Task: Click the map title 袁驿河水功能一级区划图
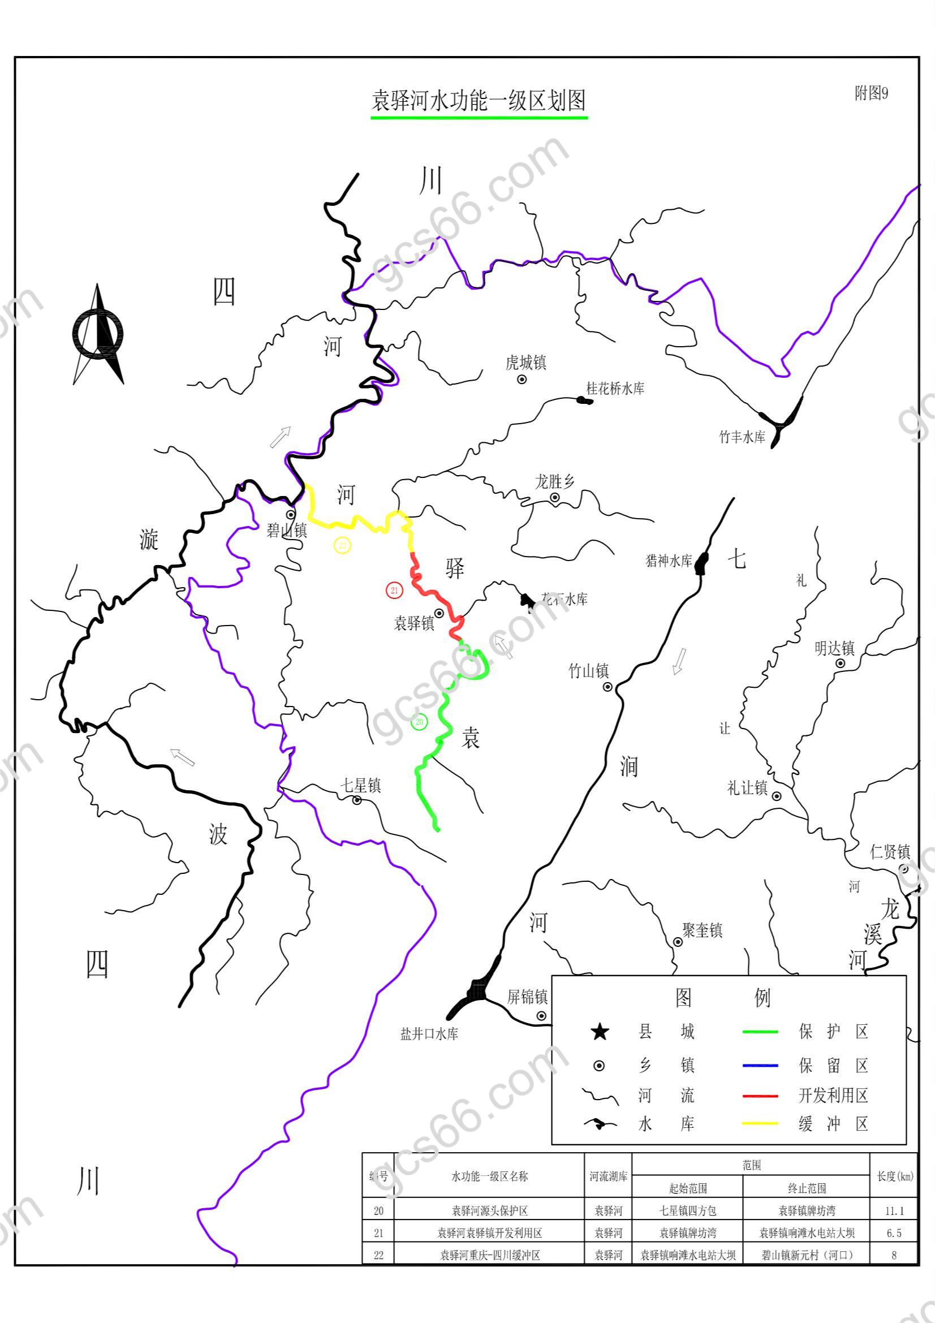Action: pyautogui.click(x=479, y=100)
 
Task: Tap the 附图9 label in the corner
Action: pyautogui.click(x=871, y=93)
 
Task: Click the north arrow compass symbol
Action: pyautogui.click(x=98, y=334)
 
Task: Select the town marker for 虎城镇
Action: pyautogui.click(x=522, y=379)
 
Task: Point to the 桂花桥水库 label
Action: pyautogui.click(x=615, y=389)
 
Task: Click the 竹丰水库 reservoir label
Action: pyautogui.click(x=742, y=437)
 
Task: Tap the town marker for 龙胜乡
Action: pyautogui.click(x=555, y=497)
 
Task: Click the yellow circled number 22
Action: pyautogui.click(x=342, y=545)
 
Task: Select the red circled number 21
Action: pyautogui.click(x=394, y=590)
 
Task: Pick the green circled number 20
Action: pyautogui.click(x=419, y=721)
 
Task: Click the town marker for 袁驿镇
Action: pyautogui.click(x=438, y=613)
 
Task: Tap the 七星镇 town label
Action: pyautogui.click(x=360, y=786)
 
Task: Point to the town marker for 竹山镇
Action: pyautogui.click(x=607, y=687)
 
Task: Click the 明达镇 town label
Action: pyautogui.click(x=834, y=648)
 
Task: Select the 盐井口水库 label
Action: pyautogui.click(x=429, y=1035)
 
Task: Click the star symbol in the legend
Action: pyautogui.click(x=600, y=1032)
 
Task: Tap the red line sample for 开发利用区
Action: pyautogui.click(x=760, y=1096)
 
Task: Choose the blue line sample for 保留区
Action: pyautogui.click(x=760, y=1066)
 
